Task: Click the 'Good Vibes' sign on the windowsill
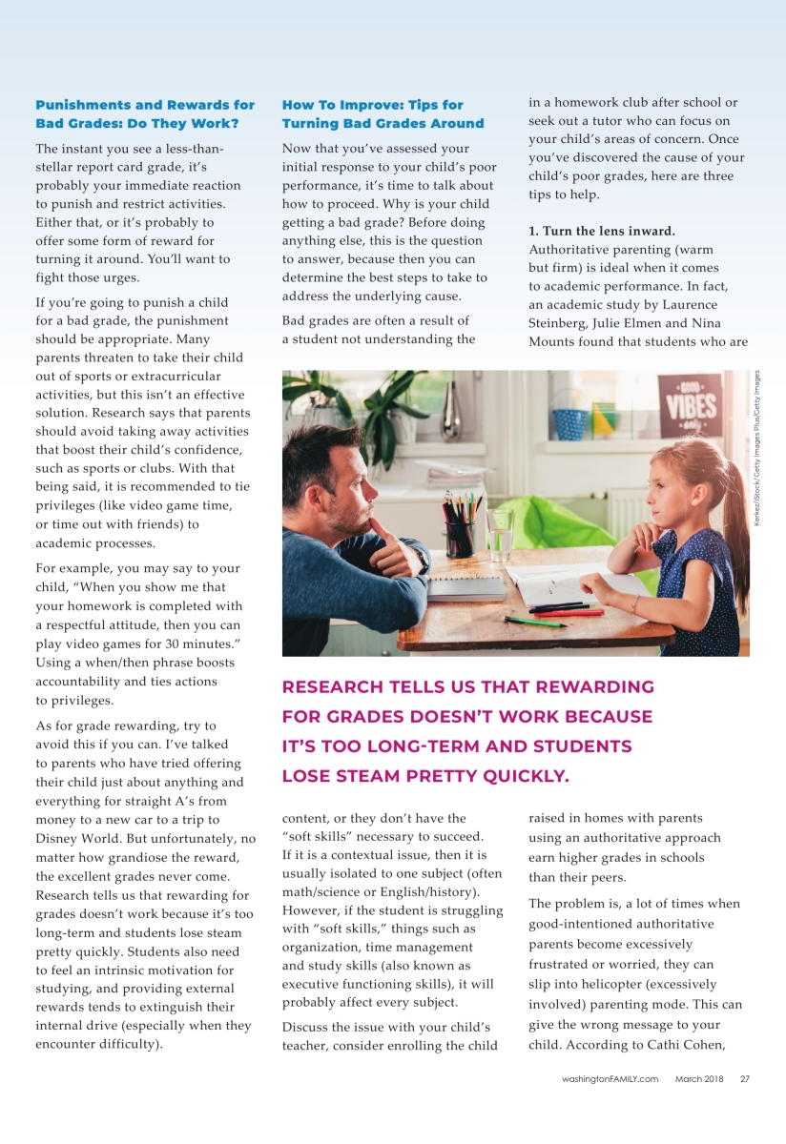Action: [690, 405]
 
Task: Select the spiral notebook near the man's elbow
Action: [465, 587]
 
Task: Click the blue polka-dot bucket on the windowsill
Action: [570, 423]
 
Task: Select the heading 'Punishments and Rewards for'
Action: [145, 105]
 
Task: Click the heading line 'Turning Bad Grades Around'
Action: [383, 124]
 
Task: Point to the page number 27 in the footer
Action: [745, 1079]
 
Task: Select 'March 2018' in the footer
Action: [699, 1079]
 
